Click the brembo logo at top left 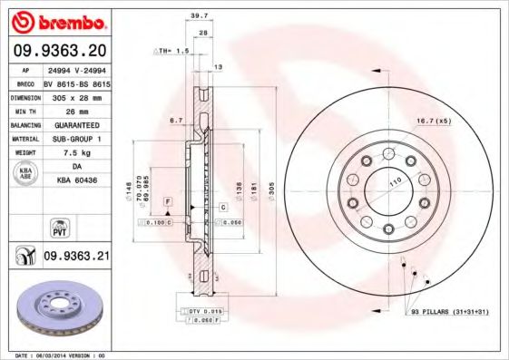tap(60, 21)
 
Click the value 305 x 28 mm tap(76, 94)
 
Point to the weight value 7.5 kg tap(76, 152)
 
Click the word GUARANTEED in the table tap(76, 123)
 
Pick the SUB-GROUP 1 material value tap(76, 138)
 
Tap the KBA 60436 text tap(76, 181)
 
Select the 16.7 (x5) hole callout tap(434, 120)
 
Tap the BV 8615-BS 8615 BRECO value tap(76, 80)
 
